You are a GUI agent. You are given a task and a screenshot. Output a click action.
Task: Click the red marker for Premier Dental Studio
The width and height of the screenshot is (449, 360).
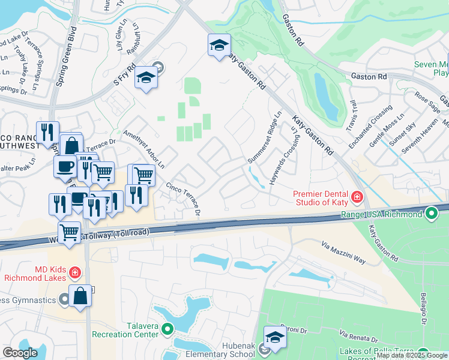(357, 197)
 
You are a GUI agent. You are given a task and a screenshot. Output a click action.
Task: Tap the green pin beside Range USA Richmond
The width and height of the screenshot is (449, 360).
(431, 214)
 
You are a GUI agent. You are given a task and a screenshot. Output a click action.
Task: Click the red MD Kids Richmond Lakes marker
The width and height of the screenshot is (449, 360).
(74, 273)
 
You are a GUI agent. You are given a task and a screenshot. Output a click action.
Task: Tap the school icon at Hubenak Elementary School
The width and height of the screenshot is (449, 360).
(275, 337)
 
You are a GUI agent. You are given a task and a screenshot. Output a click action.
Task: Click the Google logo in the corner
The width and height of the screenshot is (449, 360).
(20, 353)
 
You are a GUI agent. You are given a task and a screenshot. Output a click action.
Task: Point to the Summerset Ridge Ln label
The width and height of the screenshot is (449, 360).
(265, 137)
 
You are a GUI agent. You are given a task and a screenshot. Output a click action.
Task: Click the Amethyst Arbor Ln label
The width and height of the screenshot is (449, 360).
(145, 148)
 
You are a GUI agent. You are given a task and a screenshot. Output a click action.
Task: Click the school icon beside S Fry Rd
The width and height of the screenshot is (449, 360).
(146, 78)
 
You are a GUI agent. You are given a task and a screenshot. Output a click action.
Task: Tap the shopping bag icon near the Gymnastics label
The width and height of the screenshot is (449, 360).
(80, 296)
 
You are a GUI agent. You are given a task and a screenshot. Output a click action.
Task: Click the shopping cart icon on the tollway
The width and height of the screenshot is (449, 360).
(70, 232)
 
